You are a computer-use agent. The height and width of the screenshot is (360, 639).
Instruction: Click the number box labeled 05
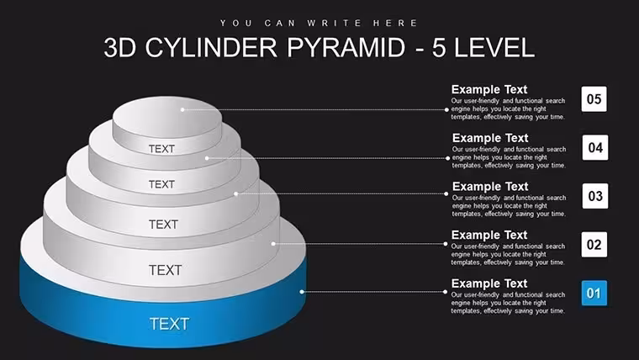tap(594, 99)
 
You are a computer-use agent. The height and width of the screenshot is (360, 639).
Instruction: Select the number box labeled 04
tap(595, 147)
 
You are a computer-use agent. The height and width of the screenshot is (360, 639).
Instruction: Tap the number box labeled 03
tap(595, 196)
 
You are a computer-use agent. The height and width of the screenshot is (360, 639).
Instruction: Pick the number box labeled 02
tap(594, 245)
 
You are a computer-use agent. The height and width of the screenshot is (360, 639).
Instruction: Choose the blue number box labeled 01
tap(594, 294)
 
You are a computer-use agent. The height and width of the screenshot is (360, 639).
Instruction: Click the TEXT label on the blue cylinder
tap(170, 324)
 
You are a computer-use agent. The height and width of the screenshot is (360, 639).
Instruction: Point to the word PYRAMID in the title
tap(346, 47)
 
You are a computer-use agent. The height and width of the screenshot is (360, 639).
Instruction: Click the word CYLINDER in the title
tap(212, 47)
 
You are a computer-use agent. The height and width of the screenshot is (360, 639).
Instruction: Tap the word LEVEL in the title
tap(494, 47)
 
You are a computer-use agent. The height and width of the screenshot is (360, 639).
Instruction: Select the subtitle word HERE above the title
tap(395, 24)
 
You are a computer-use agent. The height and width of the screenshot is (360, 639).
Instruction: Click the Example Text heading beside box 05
tap(489, 89)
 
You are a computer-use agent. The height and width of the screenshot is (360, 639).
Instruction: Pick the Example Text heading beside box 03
tap(490, 187)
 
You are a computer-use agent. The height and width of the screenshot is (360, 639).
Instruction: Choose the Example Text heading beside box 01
tap(489, 283)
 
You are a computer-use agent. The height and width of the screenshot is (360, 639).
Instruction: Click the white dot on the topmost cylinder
tap(182, 109)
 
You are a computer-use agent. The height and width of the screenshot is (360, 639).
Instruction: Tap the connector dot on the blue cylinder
tap(302, 292)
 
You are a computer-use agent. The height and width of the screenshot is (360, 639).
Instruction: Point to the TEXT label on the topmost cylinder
tap(161, 149)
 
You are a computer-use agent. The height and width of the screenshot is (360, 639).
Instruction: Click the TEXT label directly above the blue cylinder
tap(165, 270)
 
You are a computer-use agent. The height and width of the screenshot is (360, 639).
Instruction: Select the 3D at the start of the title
tap(119, 47)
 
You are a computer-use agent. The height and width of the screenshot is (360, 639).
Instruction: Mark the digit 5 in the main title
tap(439, 47)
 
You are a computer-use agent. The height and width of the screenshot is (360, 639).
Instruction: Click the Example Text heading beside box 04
tap(490, 138)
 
